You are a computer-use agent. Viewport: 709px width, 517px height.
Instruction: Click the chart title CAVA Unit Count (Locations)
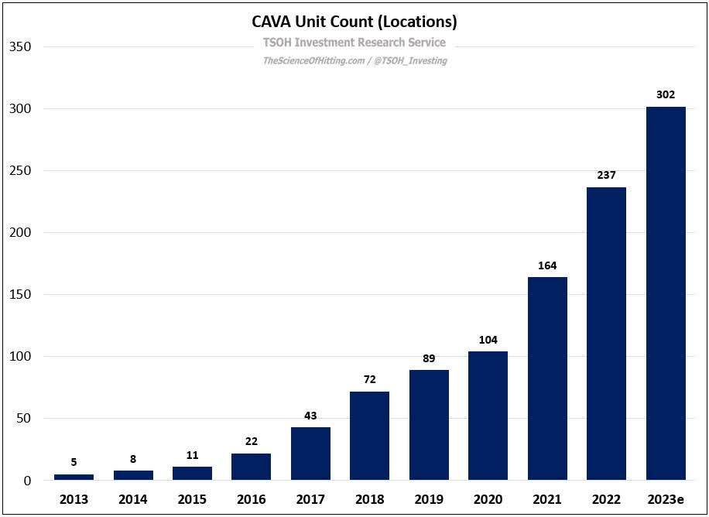pyautogui.click(x=354, y=21)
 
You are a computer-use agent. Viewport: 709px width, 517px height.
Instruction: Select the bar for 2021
pyautogui.click(x=547, y=378)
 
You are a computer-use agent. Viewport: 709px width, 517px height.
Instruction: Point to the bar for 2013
pyautogui.click(x=74, y=477)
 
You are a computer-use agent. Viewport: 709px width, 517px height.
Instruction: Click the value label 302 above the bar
pyautogui.click(x=666, y=94)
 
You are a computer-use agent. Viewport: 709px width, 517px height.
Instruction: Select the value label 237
pyautogui.click(x=606, y=175)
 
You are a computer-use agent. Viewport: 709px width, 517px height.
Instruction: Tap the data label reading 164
pyautogui.click(x=547, y=265)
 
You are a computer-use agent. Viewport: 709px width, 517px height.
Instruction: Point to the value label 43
pyautogui.click(x=310, y=416)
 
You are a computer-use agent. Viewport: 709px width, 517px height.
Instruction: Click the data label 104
pyautogui.click(x=488, y=340)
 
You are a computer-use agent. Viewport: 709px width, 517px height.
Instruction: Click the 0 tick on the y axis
pyautogui.click(x=26, y=481)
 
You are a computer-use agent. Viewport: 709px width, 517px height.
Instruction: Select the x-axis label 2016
pyautogui.click(x=251, y=500)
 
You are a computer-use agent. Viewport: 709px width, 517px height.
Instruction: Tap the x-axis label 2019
pyautogui.click(x=429, y=500)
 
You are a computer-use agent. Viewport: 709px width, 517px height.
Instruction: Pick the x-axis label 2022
pyautogui.click(x=606, y=500)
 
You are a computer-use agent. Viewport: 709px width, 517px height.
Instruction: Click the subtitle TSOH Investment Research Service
pyautogui.click(x=354, y=43)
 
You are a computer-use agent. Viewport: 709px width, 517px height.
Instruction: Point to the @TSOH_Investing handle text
pyautogui.click(x=411, y=60)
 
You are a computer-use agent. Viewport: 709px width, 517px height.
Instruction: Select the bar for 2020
pyautogui.click(x=488, y=416)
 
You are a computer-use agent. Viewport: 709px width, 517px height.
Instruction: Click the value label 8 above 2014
pyautogui.click(x=133, y=459)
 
